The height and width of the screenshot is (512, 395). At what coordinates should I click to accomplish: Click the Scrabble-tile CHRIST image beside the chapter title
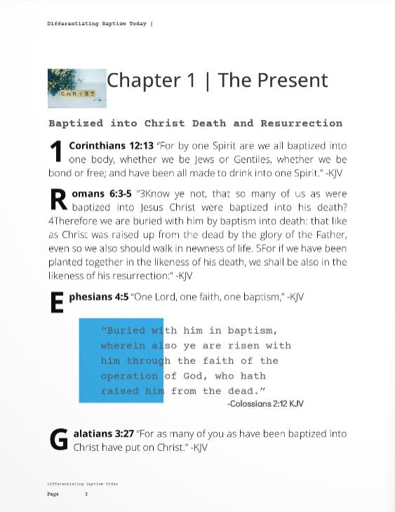[x=76, y=88]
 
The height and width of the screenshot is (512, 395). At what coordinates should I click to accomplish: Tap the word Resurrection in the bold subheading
[x=301, y=123]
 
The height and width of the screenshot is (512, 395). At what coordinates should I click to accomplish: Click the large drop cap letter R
[x=58, y=200]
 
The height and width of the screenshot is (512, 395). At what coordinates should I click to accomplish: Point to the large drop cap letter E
[x=57, y=303]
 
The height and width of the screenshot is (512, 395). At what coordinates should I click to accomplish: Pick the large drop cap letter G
[x=59, y=440]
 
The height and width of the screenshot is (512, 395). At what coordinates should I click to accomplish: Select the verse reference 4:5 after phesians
[x=121, y=297]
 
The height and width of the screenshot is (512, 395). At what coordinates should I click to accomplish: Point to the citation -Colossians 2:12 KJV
[x=265, y=404]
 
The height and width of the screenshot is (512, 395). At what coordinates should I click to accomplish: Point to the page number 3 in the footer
[x=86, y=494]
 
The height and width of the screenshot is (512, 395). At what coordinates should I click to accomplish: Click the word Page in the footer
[x=53, y=494]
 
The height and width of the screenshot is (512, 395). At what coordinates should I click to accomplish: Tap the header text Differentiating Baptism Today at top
[x=97, y=24]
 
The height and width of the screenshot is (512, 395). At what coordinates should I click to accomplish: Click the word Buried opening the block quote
[x=126, y=330]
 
